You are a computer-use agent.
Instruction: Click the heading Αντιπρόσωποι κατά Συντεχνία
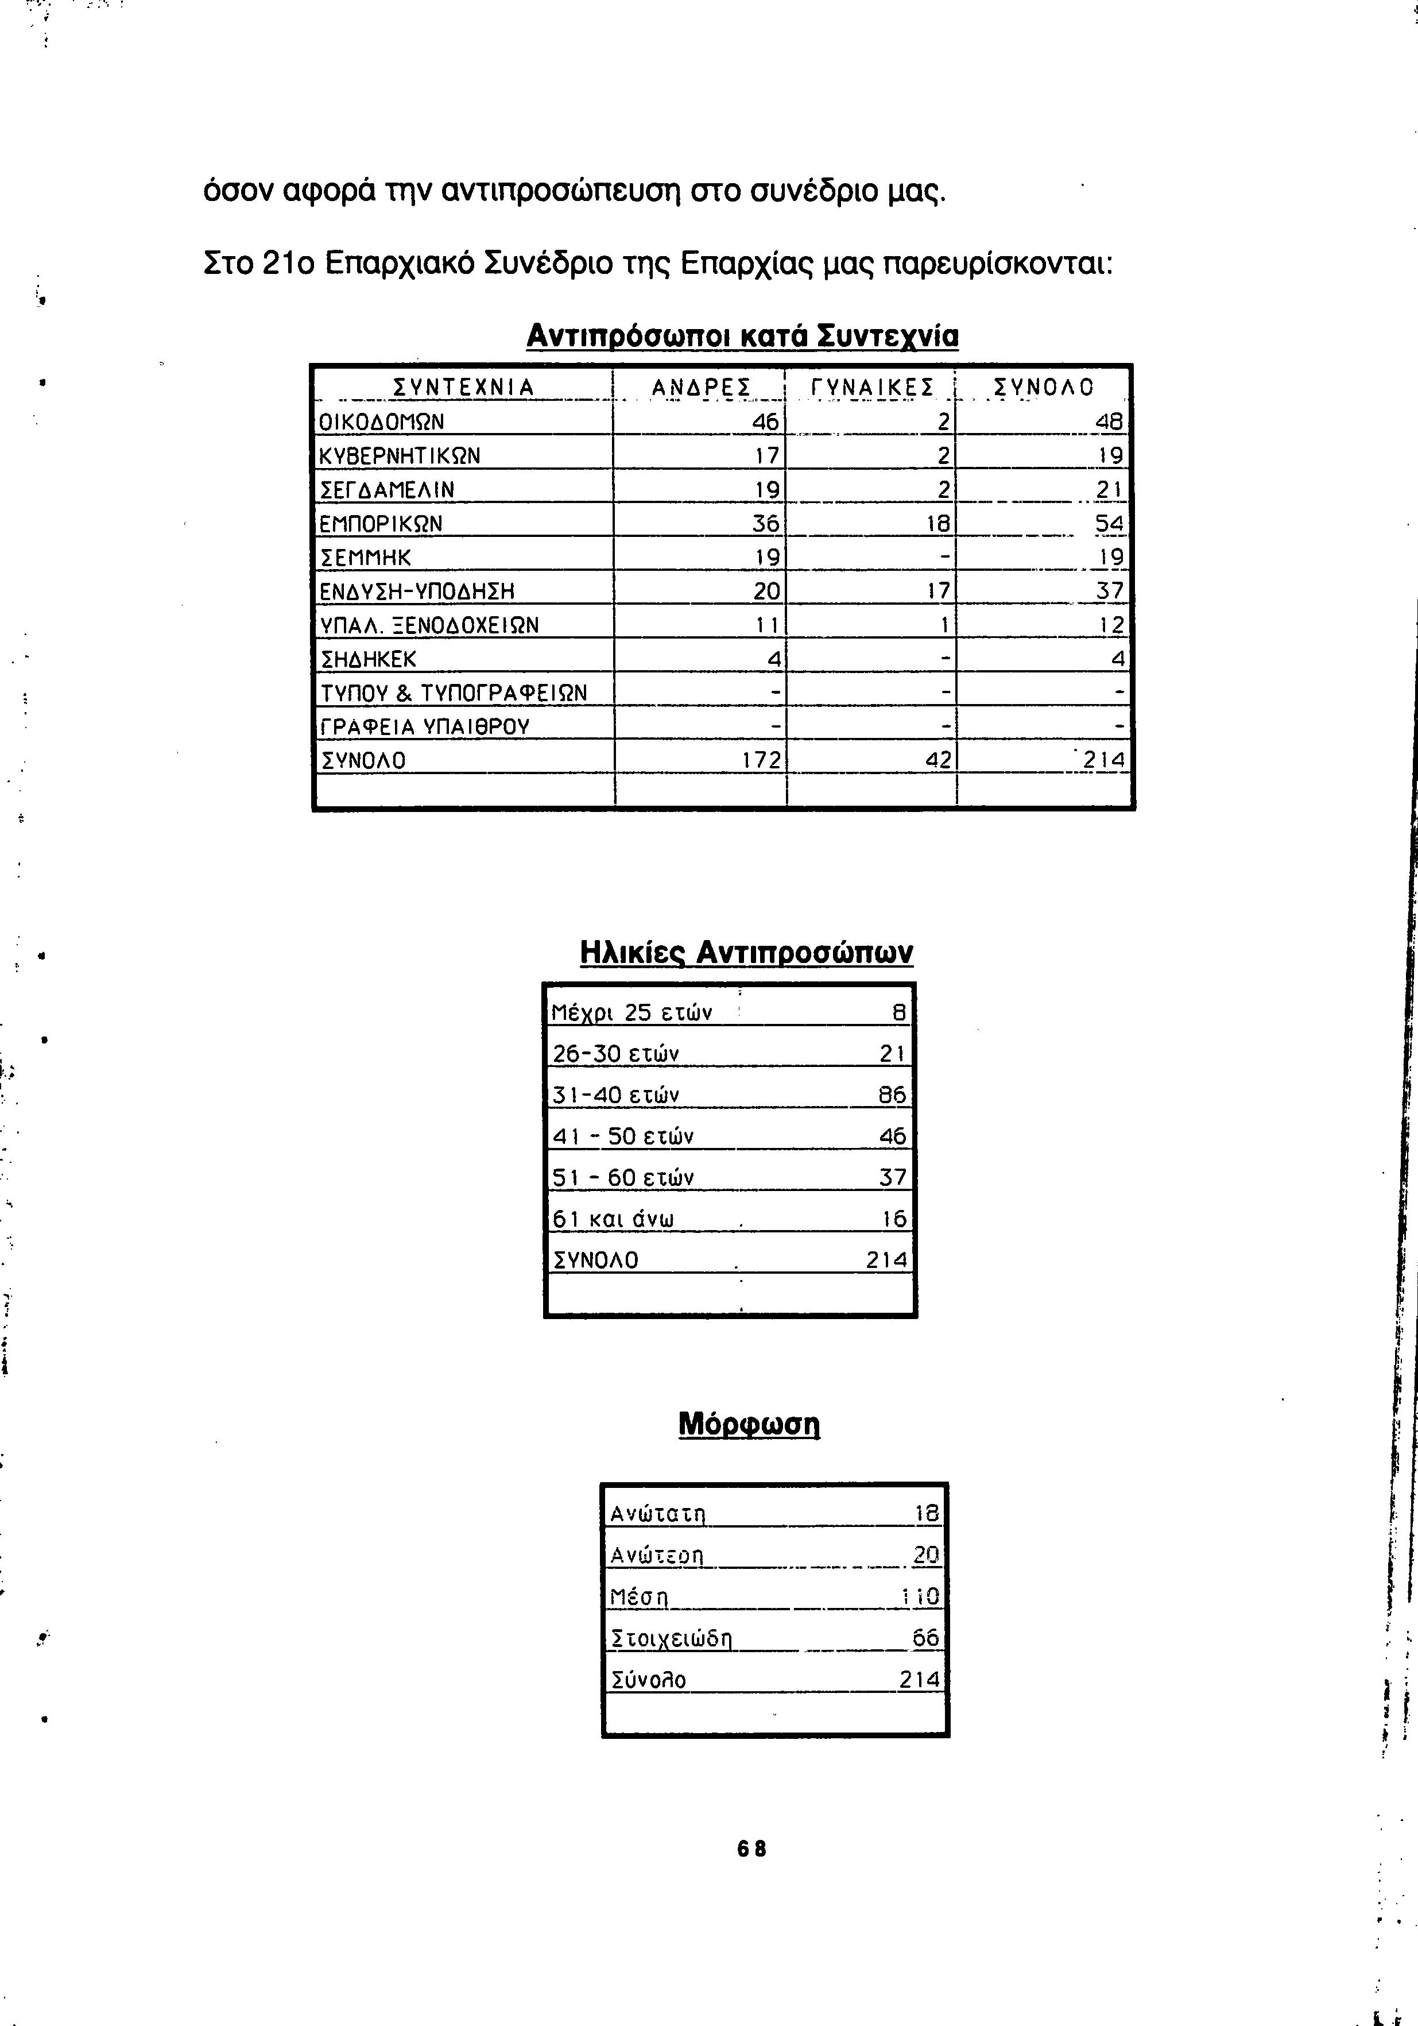point(742,336)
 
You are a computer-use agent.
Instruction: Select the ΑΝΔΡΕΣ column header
point(700,388)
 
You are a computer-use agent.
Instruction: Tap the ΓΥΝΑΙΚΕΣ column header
point(871,388)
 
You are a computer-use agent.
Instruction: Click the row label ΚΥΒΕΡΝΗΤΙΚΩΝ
point(400,456)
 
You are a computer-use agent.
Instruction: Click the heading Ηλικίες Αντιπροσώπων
point(746,953)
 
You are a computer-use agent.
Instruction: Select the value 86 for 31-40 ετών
point(892,1095)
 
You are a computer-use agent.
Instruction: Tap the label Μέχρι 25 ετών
point(632,1012)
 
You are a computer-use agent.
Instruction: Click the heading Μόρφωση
point(749,1424)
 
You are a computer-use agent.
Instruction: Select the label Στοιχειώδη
point(672,1640)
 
